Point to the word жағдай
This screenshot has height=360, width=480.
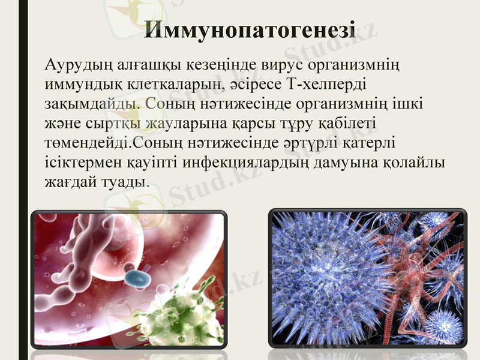click(69, 182)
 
